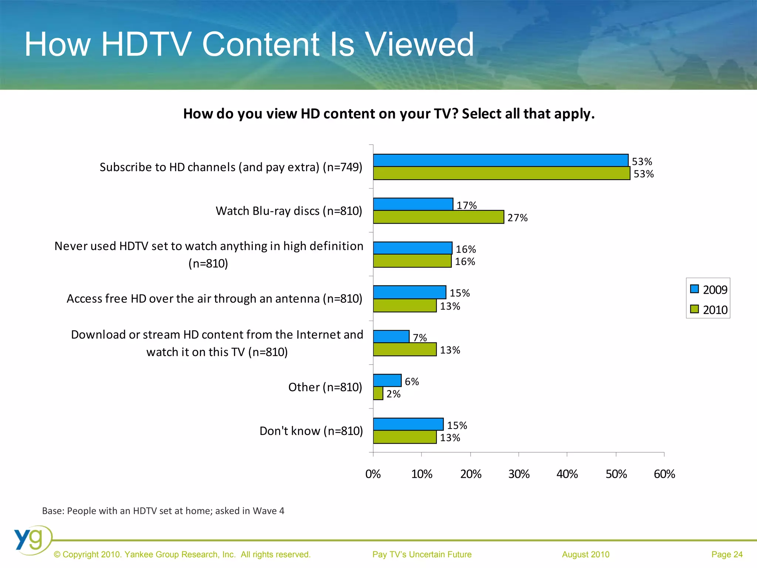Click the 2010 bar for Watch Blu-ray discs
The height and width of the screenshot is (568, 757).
[438, 217]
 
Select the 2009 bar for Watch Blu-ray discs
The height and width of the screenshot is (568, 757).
[413, 204]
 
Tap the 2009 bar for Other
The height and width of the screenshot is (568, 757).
[387, 380]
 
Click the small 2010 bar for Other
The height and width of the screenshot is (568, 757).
[378, 393]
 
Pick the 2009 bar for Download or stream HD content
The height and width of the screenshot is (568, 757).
[391, 337]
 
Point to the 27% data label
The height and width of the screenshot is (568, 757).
[517, 218]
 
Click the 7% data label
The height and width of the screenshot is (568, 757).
[420, 338]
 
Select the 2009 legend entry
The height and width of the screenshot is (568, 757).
[708, 290]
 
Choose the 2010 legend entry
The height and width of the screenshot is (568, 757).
[708, 310]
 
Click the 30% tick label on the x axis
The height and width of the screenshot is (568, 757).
[519, 474]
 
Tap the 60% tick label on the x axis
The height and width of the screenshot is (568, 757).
[664, 474]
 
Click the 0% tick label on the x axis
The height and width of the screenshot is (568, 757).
[373, 474]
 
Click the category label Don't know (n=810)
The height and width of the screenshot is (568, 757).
[311, 431]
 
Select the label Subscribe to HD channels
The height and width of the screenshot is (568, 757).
[231, 167]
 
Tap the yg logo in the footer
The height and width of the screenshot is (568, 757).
[31, 540]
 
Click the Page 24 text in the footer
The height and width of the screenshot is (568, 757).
[727, 554]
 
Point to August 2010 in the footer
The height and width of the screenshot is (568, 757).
[585, 554]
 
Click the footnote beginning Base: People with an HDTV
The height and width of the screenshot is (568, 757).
[163, 511]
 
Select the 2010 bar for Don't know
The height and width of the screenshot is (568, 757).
[405, 437]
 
